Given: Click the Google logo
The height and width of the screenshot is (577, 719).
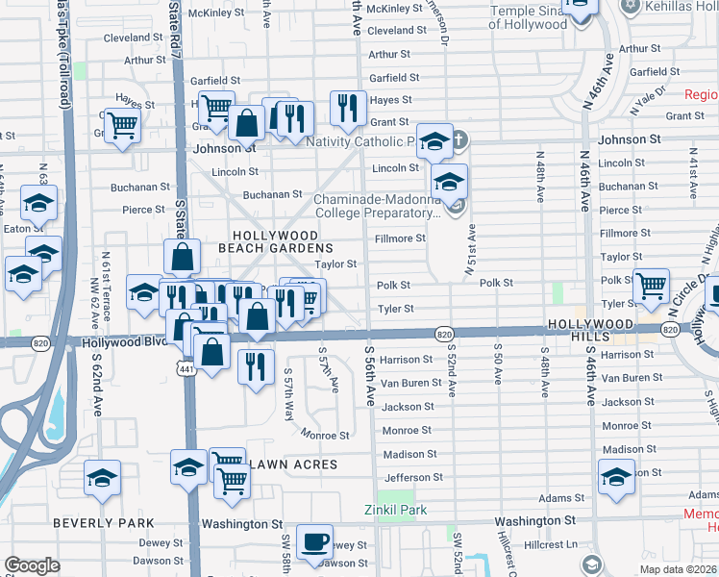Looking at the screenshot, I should pos(32,565).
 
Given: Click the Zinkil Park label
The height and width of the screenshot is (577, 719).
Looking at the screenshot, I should pos(394,510).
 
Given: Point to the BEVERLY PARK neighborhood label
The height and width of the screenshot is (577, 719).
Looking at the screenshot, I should pos(104,523).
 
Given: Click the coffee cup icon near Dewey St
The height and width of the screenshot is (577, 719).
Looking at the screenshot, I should pos(314,540).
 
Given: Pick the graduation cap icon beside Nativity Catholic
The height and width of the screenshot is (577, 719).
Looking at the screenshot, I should pos(434,140).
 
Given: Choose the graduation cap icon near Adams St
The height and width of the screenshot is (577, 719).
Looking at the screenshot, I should pos(616,476).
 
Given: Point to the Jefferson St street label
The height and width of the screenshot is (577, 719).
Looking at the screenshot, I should pos(412,477).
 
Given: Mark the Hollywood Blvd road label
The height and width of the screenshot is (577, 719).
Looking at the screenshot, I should pos(124,341).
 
